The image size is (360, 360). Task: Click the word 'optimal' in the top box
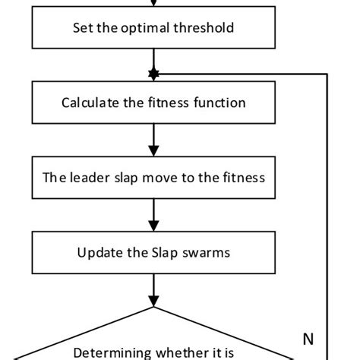[145, 28]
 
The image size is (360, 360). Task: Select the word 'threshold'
[204, 27]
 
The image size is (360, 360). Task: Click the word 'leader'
[90, 178]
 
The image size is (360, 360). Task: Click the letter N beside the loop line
[308, 339]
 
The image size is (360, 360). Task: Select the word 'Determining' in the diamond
[112, 353]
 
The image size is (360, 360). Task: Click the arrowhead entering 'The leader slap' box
[153, 151]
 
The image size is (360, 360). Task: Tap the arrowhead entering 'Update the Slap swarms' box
[153, 226]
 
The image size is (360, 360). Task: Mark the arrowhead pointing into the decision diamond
[153, 301]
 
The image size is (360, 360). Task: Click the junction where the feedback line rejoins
[153, 74]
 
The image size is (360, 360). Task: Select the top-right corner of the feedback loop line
[327, 74]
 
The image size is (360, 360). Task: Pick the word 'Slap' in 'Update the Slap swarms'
[164, 253]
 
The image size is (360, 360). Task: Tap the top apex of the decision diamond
[153, 307]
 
